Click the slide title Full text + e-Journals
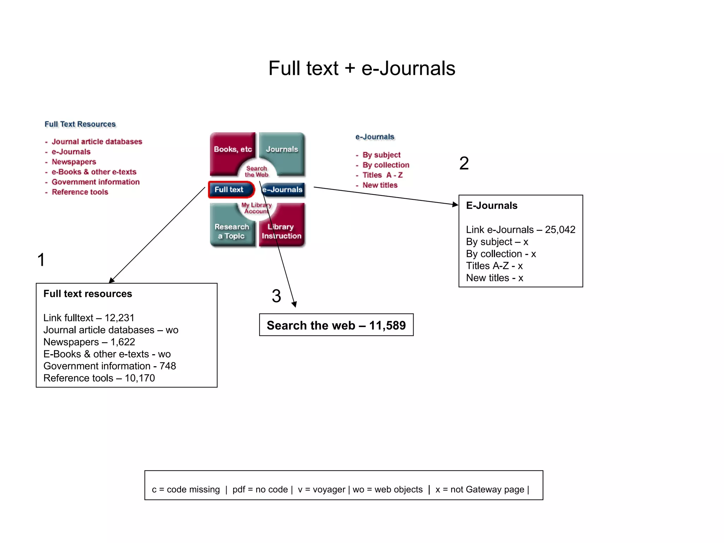[x=362, y=68]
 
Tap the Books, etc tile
[x=232, y=150]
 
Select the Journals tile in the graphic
[x=282, y=150]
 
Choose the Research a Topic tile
[x=231, y=231]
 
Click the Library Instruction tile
[x=282, y=231]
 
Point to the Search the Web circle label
[x=257, y=171]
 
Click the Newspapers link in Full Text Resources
[x=74, y=162]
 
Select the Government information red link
[x=95, y=182]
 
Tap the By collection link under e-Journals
[x=386, y=165]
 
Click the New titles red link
[x=380, y=185]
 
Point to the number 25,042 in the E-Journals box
[x=560, y=230]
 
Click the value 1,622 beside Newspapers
[x=123, y=342]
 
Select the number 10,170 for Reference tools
[x=140, y=378]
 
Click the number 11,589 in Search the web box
[x=387, y=326]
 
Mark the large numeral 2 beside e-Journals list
[x=464, y=163]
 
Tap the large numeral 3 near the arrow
[x=276, y=296]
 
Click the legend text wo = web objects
[x=387, y=490]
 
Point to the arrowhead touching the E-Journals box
[x=455, y=204]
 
